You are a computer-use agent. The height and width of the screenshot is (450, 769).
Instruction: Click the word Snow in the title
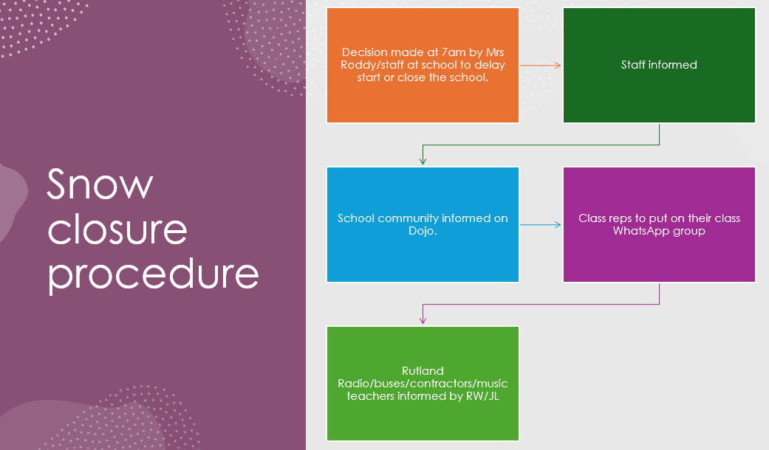[100, 184]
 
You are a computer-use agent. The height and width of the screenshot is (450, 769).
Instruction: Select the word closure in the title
[117, 229]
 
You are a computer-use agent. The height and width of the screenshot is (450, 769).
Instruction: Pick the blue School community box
[423, 255]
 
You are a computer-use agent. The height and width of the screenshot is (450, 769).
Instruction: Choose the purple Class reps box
[659, 258]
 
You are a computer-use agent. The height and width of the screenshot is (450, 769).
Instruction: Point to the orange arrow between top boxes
[540, 66]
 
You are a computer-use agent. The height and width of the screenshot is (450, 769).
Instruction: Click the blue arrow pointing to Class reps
[540, 224]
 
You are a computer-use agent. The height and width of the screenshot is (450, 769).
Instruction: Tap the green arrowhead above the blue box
[423, 160]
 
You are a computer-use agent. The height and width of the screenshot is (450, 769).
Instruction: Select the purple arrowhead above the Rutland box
[423, 319]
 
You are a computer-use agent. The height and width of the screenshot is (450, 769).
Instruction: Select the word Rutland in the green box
[423, 371]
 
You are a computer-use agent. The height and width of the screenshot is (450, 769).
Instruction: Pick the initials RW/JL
[482, 395]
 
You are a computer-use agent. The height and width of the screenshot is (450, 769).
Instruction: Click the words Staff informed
[659, 65]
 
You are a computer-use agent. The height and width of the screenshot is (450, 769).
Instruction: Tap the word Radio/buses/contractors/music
[423, 384]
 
